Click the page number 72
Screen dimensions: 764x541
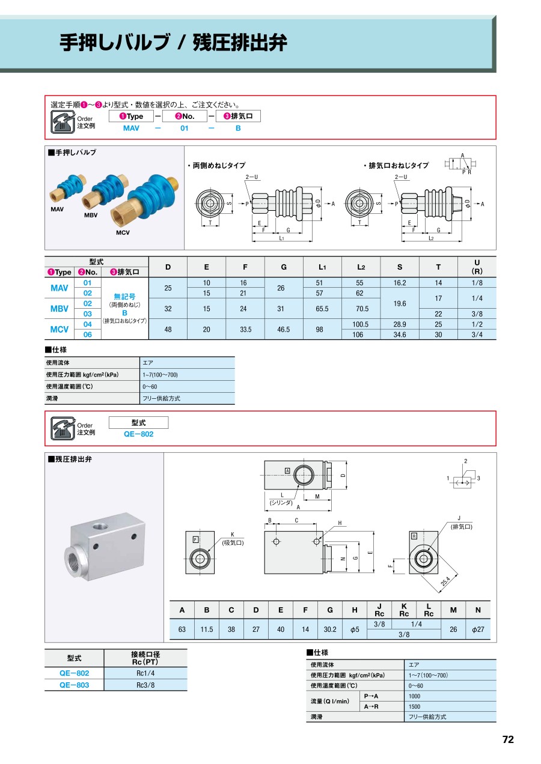pos(508,740)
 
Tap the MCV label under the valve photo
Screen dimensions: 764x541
pos(123,232)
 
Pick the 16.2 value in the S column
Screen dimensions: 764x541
pos(400,283)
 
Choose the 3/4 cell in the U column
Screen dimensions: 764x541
pos(477,335)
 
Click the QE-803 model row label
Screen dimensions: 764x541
pos(74,685)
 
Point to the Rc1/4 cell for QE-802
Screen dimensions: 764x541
pos(145,673)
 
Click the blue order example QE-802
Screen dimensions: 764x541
pos(138,434)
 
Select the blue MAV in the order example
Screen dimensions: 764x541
pos(131,129)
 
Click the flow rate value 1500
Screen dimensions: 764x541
pos(415,706)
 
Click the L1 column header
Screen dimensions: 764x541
pos(322,267)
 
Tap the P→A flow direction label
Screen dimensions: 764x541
pos(370,696)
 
